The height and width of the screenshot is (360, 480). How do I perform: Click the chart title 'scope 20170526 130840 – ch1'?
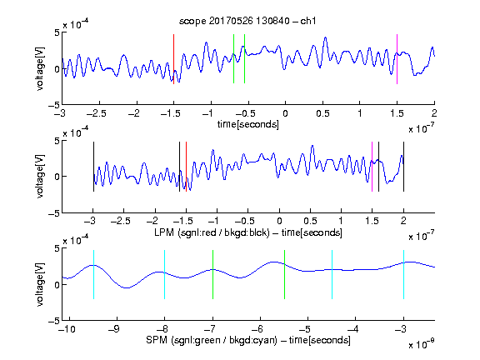(x=247, y=21)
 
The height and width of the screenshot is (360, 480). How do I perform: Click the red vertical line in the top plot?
(x=174, y=59)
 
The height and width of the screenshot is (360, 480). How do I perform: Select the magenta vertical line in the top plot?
(x=397, y=59)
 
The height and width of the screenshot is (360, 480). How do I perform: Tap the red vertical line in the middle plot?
(x=186, y=167)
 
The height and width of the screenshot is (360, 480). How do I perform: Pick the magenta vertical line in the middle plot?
(x=372, y=167)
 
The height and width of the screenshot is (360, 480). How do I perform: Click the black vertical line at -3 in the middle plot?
(x=93, y=167)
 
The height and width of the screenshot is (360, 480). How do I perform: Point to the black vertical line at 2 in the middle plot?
(x=403, y=167)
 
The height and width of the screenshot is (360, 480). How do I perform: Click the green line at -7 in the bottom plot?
(x=212, y=275)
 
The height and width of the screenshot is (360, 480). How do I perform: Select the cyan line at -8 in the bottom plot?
(x=165, y=275)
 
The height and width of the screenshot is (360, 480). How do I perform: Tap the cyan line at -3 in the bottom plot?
(x=403, y=275)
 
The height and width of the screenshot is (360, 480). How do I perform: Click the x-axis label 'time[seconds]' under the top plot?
(x=248, y=125)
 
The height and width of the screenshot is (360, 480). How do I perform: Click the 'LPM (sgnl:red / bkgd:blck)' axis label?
(x=212, y=232)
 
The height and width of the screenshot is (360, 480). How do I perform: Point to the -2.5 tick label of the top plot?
(x=96, y=113)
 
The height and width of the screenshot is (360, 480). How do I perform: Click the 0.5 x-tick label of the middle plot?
(x=310, y=221)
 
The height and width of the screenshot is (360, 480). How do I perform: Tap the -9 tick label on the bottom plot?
(x=114, y=329)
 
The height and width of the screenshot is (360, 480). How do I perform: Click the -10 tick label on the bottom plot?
(x=67, y=329)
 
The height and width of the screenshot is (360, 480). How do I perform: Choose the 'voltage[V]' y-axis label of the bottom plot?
(x=40, y=285)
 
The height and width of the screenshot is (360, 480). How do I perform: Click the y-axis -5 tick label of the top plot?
(x=54, y=105)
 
